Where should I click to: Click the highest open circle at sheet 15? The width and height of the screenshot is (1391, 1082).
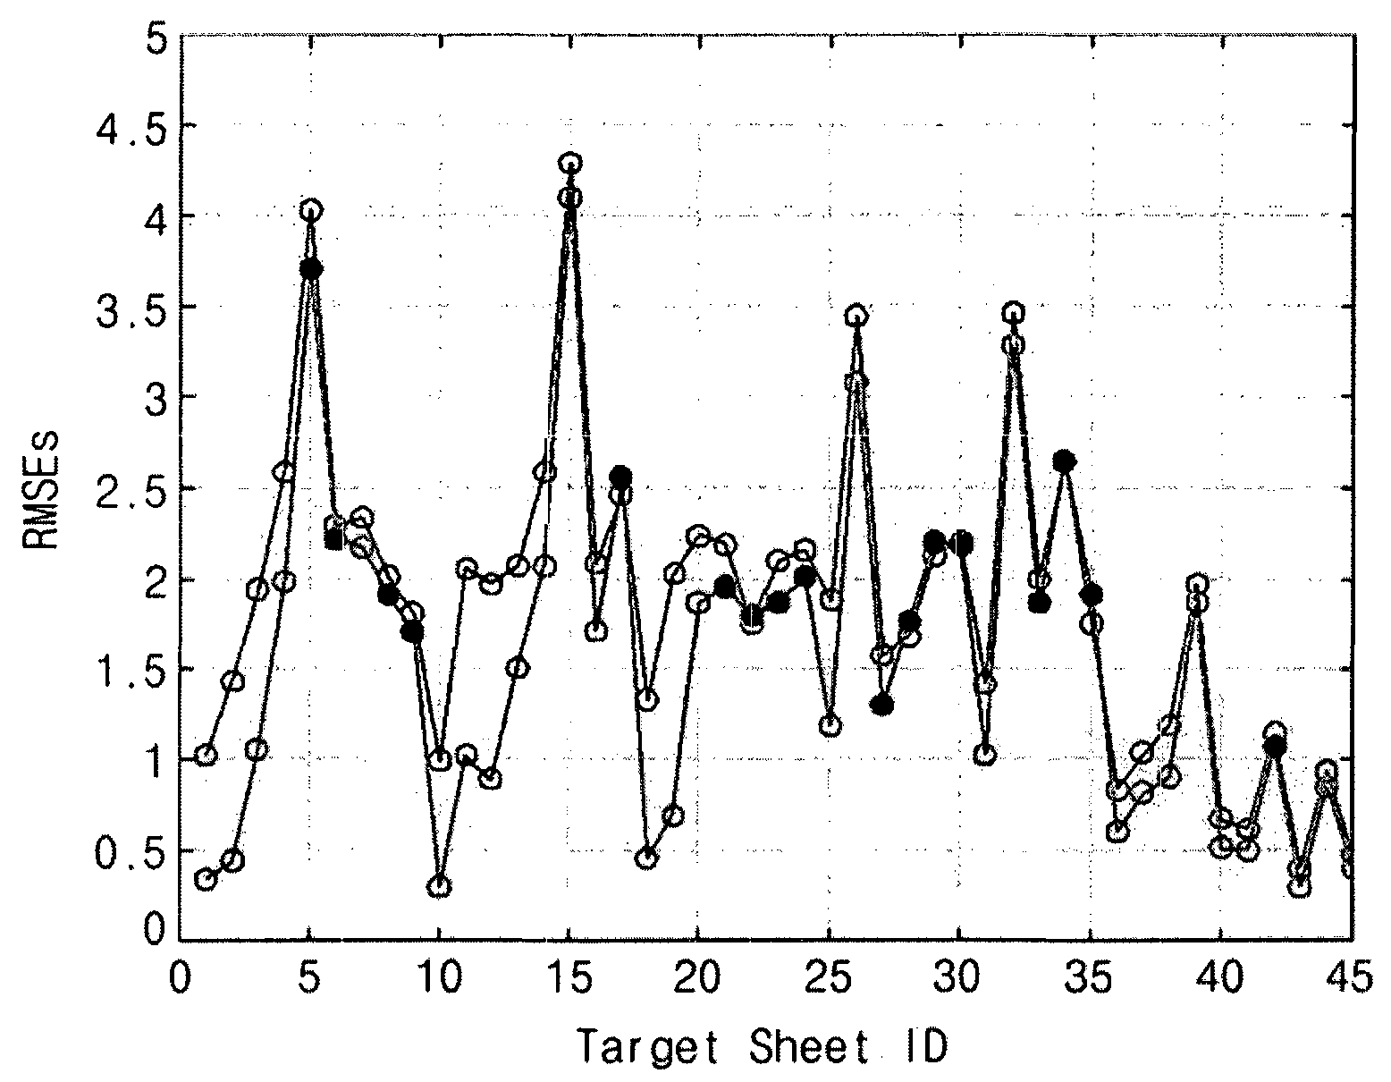(569, 164)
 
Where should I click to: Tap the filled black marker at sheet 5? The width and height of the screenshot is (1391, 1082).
(310, 268)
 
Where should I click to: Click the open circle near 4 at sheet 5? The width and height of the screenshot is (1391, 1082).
(310, 210)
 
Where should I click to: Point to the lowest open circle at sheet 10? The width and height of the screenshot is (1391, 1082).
(439, 887)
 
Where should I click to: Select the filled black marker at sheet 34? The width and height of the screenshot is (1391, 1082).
(1064, 461)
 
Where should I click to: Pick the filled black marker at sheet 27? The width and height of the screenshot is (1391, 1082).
(882, 705)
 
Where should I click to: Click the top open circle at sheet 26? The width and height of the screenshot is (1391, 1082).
(856, 316)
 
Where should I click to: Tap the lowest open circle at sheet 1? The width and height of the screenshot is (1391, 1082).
(206, 879)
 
